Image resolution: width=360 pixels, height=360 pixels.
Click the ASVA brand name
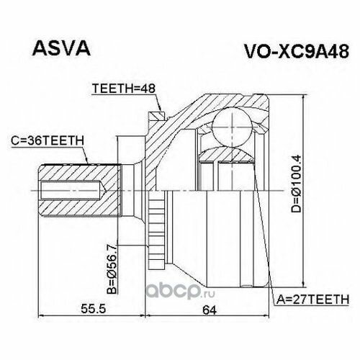coord(61,48)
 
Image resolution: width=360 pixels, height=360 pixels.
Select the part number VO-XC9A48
coord(296,51)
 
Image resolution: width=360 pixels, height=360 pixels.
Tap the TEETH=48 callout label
coord(124,89)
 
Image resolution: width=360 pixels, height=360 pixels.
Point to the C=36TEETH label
coord(48,140)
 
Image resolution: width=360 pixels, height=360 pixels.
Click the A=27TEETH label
coord(312,300)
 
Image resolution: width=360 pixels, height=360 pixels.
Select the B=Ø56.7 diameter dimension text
coord(112,268)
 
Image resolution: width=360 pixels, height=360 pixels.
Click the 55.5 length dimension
coord(93,309)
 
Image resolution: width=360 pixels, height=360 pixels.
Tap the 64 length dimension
coord(210,310)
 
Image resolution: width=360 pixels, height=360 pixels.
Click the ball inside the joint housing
coord(232,127)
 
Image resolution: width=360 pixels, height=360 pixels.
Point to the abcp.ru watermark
coord(181,291)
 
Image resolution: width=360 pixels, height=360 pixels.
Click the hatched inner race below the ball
coord(227,155)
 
